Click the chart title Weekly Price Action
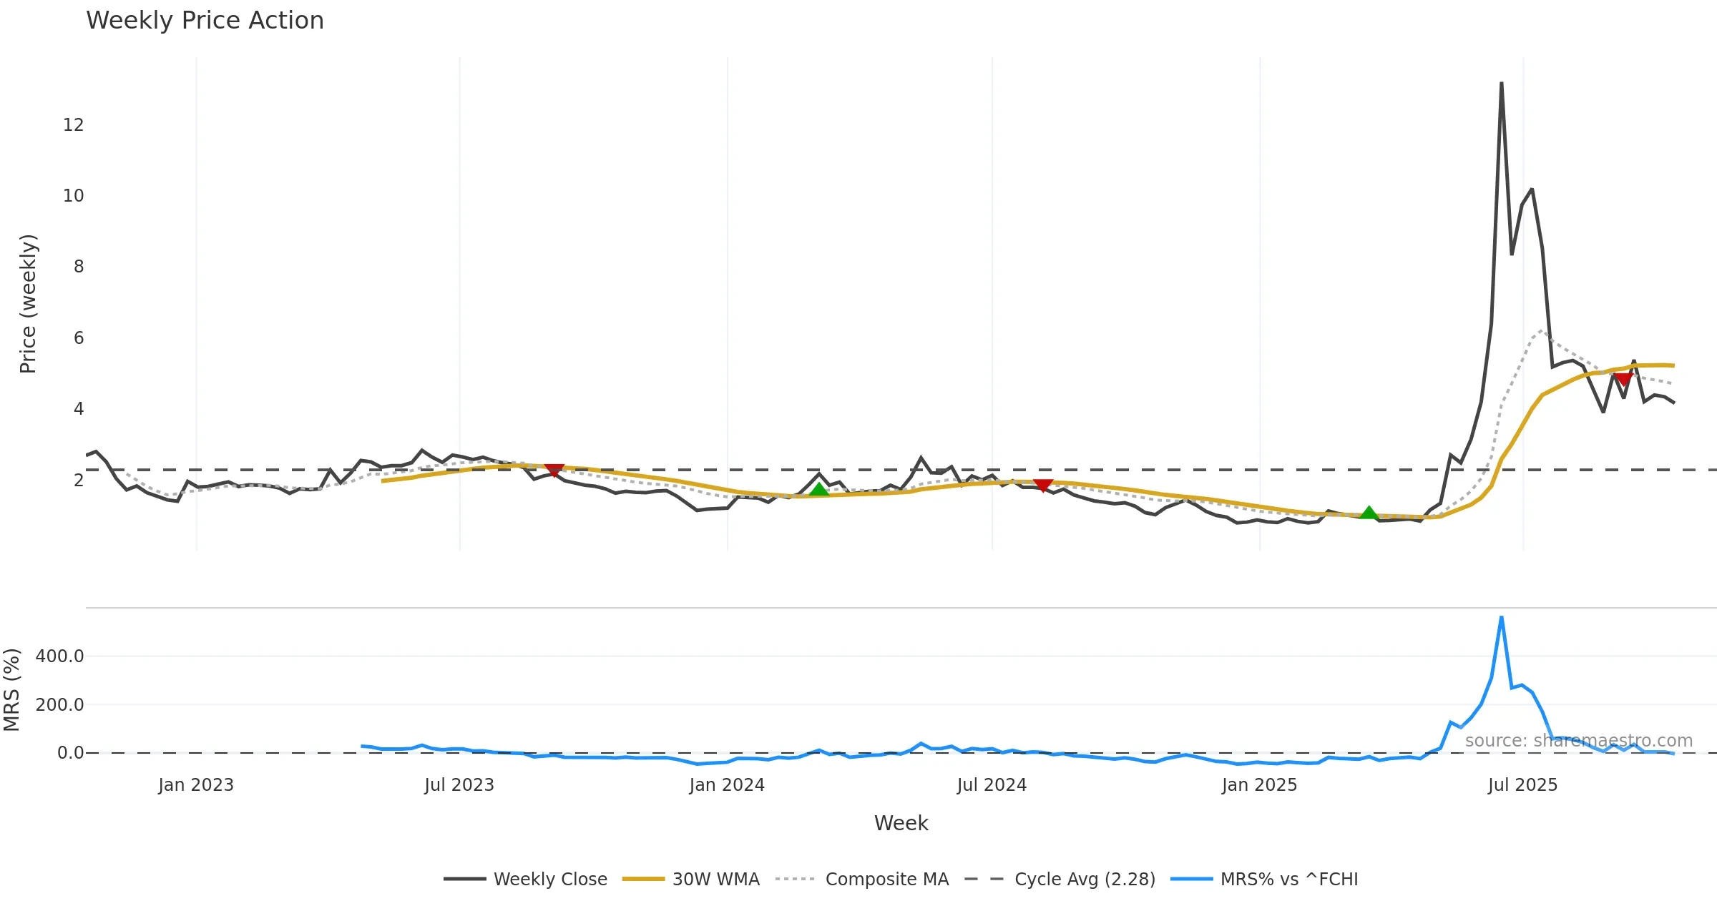[x=205, y=21]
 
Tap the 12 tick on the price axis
[x=73, y=125]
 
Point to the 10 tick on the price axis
[x=73, y=196]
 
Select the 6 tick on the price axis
[x=78, y=338]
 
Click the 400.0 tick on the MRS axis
[x=59, y=656]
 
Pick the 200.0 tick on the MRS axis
[x=59, y=704]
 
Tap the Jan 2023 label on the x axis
[x=196, y=785]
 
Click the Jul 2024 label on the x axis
[x=992, y=785]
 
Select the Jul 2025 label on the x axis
[x=1522, y=785]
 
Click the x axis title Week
[x=901, y=823]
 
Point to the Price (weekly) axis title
[x=27, y=304]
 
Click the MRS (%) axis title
[x=11, y=689]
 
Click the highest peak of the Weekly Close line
[x=1501, y=84]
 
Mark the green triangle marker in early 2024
[x=819, y=490]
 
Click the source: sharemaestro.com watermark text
[x=1578, y=741]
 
